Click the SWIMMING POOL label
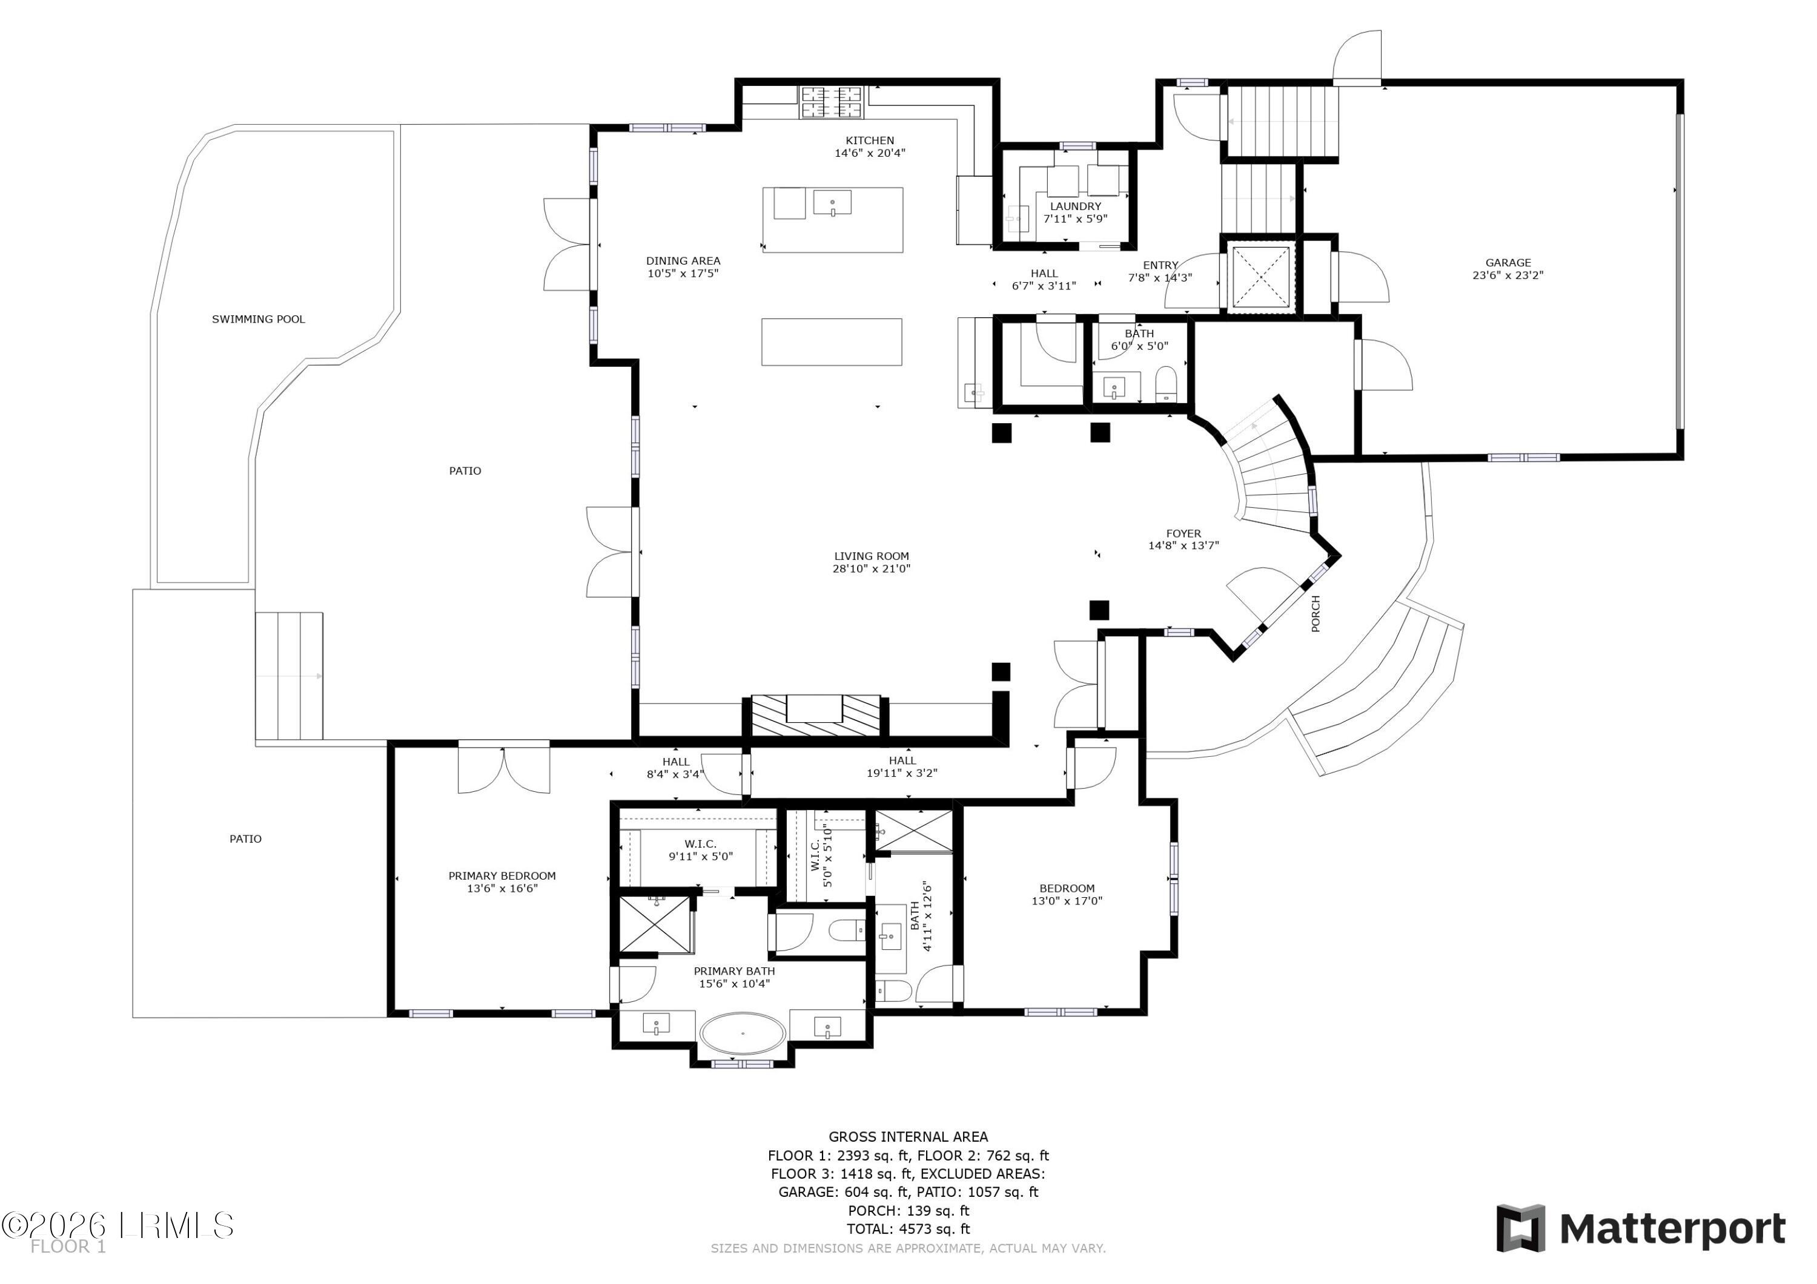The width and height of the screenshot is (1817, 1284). [x=258, y=320]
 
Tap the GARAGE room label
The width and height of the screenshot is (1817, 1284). [x=1508, y=263]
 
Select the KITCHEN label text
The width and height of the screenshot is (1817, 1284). [x=870, y=141]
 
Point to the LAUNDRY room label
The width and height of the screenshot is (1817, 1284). [x=1076, y=206]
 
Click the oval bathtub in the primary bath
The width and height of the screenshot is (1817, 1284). [x=743, y=1033]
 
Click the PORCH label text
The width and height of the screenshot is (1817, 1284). [x=1316, y=613]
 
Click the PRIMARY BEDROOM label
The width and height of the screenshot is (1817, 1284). [x=501, y=876]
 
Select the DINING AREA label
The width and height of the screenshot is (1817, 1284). [x=683, y=261]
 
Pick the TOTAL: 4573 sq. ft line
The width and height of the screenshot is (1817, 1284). [x=908, y=1229]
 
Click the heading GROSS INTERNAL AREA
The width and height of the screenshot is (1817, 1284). [x=908, y=1137]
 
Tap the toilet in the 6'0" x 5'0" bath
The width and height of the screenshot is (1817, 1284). [x=1167, y=384]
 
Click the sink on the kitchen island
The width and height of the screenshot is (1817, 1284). [x=833, y=203]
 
